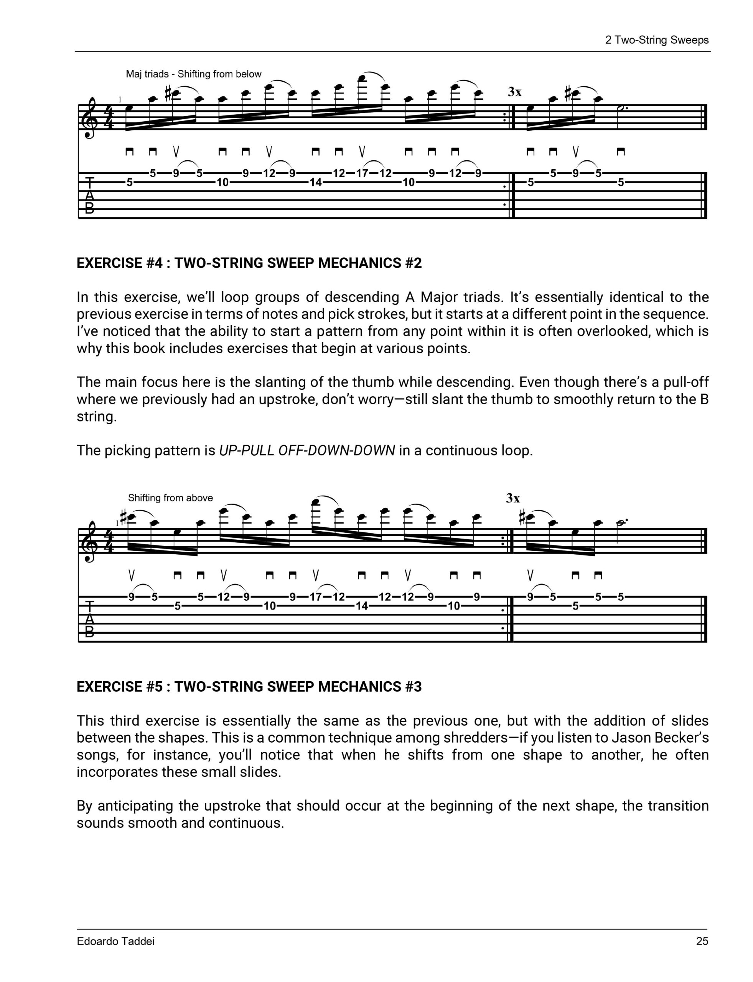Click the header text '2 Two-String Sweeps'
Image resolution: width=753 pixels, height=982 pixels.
(x=657, y=40)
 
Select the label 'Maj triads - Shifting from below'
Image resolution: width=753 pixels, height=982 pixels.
(x=193, y=74)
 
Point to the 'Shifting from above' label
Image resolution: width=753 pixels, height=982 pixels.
(x=170, y=498)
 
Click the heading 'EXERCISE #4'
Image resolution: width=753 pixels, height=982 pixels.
(x=120, y=263)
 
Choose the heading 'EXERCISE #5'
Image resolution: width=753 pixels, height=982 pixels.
(x=120, y=687)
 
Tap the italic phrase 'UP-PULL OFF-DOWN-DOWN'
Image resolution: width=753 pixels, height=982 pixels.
(x=306, y=450)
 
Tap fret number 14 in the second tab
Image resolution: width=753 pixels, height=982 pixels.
(x=361, y=606)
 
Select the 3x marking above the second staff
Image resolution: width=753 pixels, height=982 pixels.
(x=513, y=498)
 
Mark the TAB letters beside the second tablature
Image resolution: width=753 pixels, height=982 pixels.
(x=90, y=619)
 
